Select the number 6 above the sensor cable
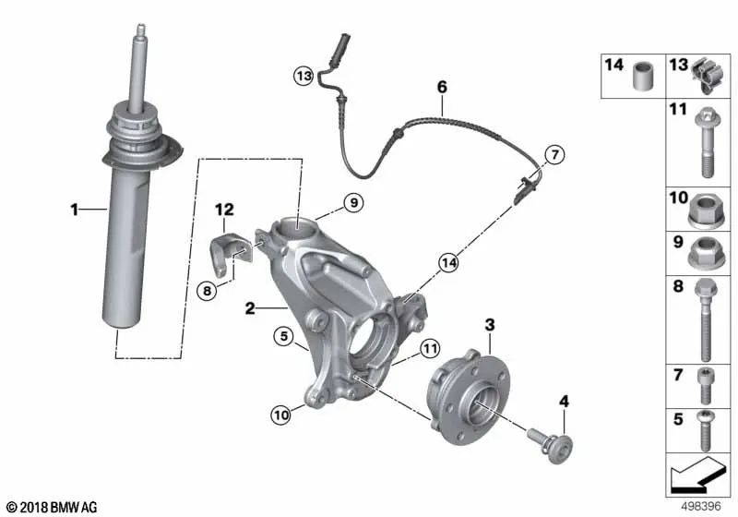(x=442, y=87)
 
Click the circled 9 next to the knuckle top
(x=355, y=201)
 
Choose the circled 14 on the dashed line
(x=449, y=263)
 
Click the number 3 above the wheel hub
(x=490, y=324)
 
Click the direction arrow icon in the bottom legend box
(x=696, y=478)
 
